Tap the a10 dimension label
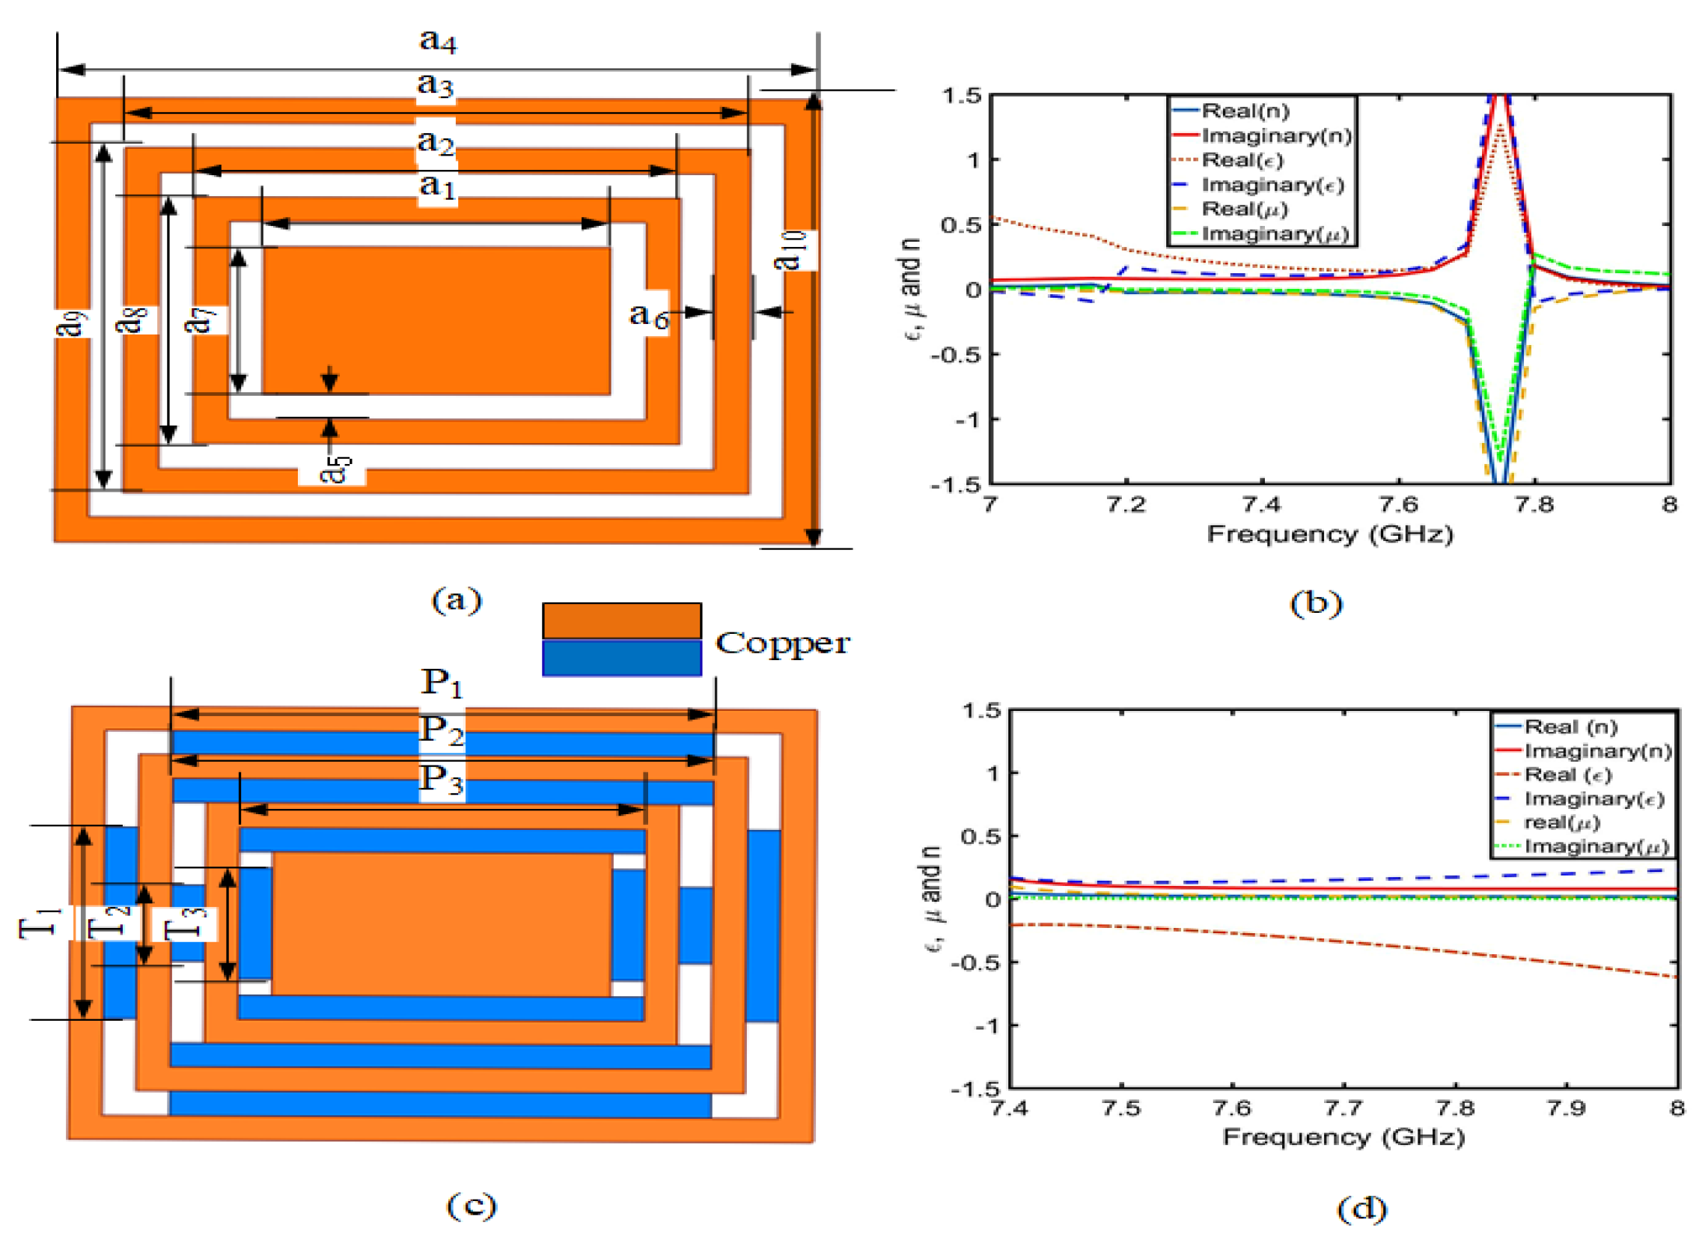click(791, 251)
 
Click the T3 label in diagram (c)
click(186, 923)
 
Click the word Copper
click(781, 644)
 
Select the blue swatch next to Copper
click(621, 658)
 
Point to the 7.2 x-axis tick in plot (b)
click(1126, 504)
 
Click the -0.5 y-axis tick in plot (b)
click(957, 355)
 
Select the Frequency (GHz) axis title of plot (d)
click(1343, 1137)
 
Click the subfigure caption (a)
click(457, 600)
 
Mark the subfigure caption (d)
click(1361, 1209)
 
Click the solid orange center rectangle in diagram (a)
click(436, 320)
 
